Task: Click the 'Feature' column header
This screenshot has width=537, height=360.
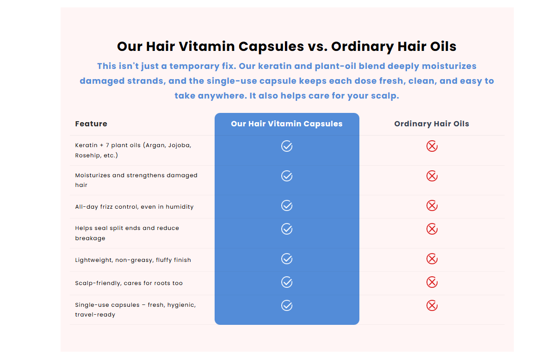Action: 91,124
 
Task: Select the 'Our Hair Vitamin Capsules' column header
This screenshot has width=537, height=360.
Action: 287,124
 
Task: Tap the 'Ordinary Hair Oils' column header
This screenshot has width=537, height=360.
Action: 432,124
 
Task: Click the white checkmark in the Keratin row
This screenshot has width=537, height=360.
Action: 287,146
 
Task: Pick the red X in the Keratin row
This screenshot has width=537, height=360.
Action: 432,146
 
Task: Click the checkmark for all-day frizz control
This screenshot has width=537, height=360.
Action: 287,205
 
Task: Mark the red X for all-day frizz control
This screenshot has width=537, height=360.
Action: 432,205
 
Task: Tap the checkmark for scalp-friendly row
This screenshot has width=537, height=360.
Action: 287,282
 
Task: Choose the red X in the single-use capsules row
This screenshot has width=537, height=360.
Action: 432,305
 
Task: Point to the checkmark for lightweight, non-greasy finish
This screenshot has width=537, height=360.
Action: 287,259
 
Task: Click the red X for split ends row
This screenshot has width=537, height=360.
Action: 432,229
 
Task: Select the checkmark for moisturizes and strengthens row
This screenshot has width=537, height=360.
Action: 287,176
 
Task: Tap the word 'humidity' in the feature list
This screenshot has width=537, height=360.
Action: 179,207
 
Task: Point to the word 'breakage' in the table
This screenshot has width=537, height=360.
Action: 90,238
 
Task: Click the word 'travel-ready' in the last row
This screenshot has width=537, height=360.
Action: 95,315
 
